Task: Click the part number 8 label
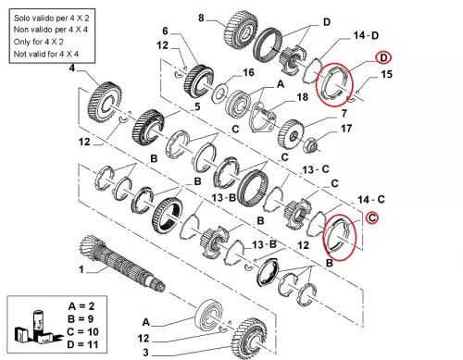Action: coord(201,18)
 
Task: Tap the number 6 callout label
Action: coord(165,31)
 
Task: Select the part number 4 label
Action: coord(72,68)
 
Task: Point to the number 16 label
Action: coord(248,73)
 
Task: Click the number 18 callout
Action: coord(303,97)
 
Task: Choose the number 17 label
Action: coord(346,129)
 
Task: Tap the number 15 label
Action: coord(386,74)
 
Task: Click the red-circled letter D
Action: coord(383,58)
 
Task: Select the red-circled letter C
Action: coord(372,217)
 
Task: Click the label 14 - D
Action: coord(366,35)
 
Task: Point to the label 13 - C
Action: coord(316,169)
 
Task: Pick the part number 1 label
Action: coord(81,269)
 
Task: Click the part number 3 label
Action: coord(145,353)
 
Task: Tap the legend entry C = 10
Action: coord(82,332)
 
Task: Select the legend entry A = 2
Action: coord(81,306)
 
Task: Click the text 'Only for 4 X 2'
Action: coord(39,42)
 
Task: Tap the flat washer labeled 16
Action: coord(219,93)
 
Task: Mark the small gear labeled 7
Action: coord(291,135)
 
